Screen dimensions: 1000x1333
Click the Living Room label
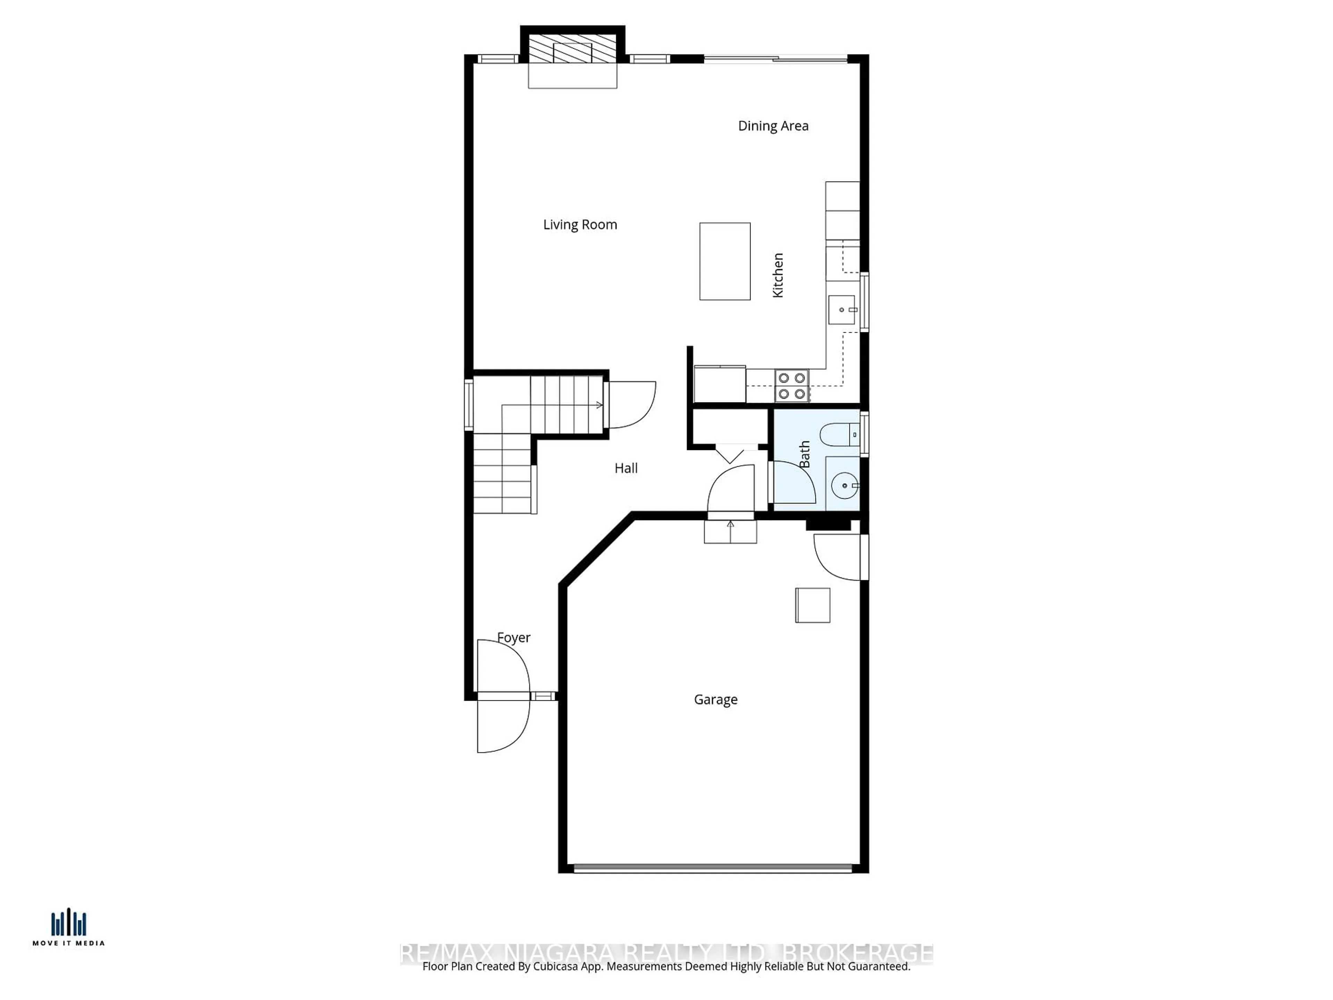point(580,225)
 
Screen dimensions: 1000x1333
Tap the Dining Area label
point(773,126)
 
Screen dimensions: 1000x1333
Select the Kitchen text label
point(778,275)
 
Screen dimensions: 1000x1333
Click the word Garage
point(715,699)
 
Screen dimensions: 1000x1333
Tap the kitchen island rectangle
point(724,261)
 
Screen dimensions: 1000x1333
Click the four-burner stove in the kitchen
point(791,386)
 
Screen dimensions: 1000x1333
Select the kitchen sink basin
point(841,310)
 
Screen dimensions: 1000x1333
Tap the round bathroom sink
point(844,485)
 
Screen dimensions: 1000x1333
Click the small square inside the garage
point(812,605)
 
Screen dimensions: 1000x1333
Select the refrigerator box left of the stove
point(720,384)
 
